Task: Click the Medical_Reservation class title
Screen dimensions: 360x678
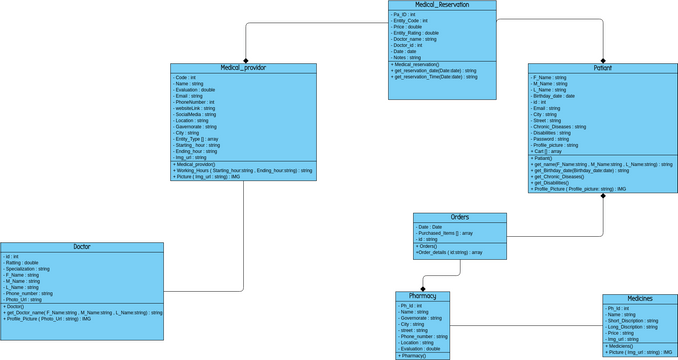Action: pyautogui.click(x=441, y=5)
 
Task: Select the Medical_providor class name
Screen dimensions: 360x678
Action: pyautogui.click(x=243, y=68)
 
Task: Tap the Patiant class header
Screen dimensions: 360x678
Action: pyautogui.click(x=602, y=68)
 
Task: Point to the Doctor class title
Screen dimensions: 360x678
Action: pyautogui.click(x=82, y=247)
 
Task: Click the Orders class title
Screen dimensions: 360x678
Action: pyautogui.click(x=459, y=217)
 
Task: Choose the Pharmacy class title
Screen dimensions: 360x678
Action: pyautogui.click(x=422, y=296)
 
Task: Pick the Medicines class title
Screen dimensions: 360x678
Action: pyautogui.click(x=639, y=299)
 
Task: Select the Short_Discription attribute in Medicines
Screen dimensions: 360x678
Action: pyautogui.click(x=632, y=321)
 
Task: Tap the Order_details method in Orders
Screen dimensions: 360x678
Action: pyautogui.click(x=449, y=252)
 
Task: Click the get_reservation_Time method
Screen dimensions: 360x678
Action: pyautogui.click(x=434, y=76)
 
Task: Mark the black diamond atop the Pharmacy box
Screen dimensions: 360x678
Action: pyautogui.click(x=423, y=287)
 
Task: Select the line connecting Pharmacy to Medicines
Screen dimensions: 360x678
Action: pyautogui.click(x=525, y=325)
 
